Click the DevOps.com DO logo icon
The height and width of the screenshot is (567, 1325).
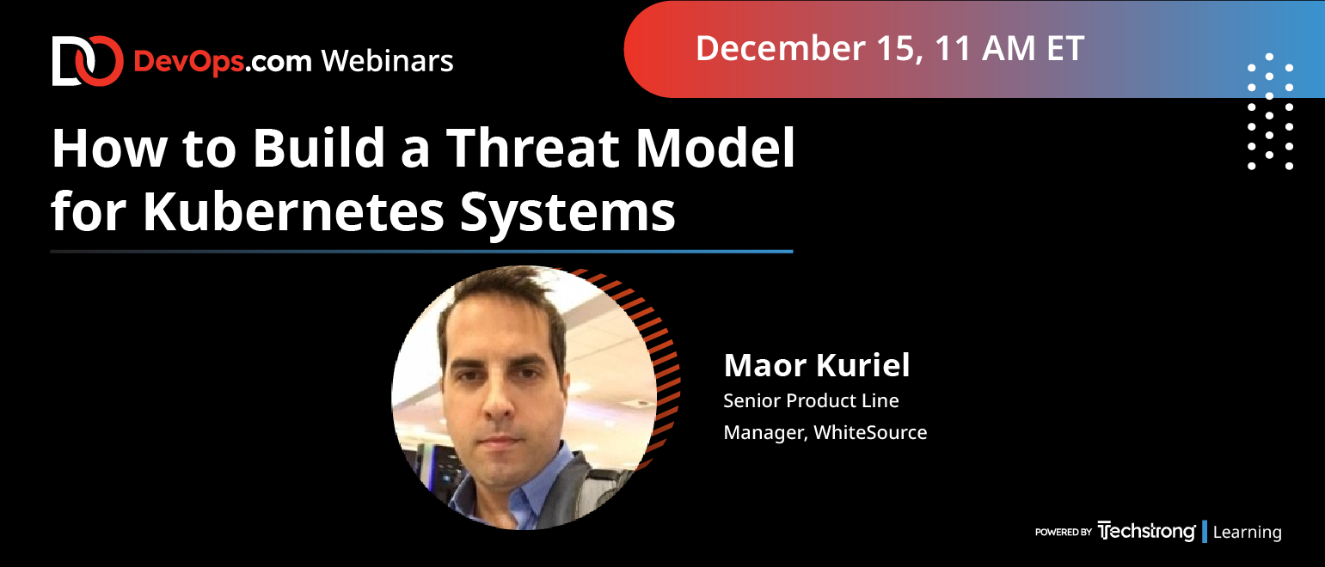[88, 61]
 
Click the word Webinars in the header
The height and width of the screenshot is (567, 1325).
[387, 61]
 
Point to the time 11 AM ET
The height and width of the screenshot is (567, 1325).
[1009, 48]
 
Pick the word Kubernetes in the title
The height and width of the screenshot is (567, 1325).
[293, 210]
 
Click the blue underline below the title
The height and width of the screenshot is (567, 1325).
[421, 251]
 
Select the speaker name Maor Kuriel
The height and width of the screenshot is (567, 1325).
[816, 365]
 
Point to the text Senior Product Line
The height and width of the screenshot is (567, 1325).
[811, 401]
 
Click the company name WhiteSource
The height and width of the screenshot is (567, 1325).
[870, 433]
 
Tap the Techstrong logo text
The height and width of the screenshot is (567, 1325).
[1146, 531]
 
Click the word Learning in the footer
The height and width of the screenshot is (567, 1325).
[1247, 532]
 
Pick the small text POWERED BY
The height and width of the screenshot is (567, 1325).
[1063, 532]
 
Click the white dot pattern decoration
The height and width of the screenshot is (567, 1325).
[1270, 111]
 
